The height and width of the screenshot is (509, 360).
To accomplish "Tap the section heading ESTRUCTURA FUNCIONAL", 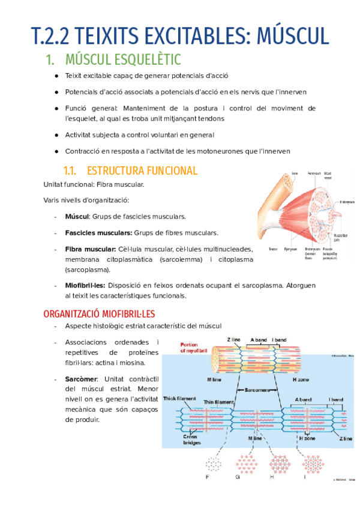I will click(x=142, y=170).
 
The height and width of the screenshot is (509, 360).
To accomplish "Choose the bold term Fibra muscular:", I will click(x=90, y=249).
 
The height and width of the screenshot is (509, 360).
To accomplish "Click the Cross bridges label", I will click(x=190, y=440).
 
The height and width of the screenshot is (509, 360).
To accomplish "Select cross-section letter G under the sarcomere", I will click(x=238, y=477).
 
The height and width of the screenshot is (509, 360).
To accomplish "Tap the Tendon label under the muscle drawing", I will click(x=273, y=249).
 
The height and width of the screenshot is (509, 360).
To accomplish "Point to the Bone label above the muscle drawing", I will click(x=295, y=173).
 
